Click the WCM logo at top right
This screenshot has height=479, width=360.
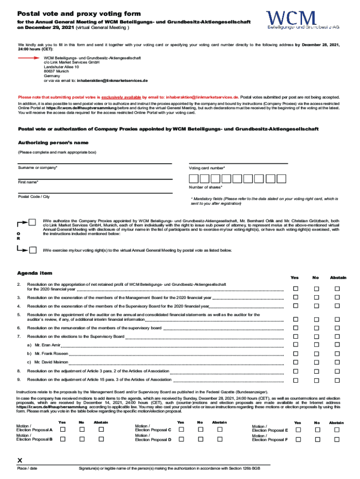tap(302, 20)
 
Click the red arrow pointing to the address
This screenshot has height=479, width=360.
tap(30, 58)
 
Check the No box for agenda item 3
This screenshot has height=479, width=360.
tap(317, 298)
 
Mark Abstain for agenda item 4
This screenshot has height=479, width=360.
tap(337, 306)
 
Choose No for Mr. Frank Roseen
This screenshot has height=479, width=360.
tap(317, 354)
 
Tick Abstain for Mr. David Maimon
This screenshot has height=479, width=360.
tap(337, 362)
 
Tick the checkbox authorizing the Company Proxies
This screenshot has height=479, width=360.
tap(32, 222)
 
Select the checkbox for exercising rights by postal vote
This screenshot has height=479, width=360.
tap(33, 250)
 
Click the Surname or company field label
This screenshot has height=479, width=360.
tap(38, 167)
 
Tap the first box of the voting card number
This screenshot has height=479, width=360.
tap(193, 178)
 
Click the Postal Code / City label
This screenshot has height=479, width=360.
tap(34, 196)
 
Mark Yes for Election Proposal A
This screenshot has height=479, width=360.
tap(62, 429)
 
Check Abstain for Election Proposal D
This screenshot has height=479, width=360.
tap(219, 439)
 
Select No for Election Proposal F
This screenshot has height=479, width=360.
tap(317, 440)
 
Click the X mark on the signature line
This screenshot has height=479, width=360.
tap(20, 460)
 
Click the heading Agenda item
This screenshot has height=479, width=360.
tap(35, 273)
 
